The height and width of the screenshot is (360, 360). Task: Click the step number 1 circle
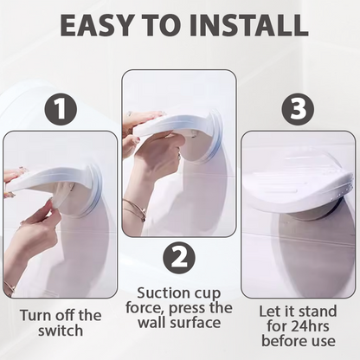pos(60,109)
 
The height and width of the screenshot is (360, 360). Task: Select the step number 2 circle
pos(179,258)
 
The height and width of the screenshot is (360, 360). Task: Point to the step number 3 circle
pos(298,109)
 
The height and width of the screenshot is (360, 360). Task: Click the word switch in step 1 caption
pos(61,331)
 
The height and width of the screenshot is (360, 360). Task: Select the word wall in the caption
pos(151,323)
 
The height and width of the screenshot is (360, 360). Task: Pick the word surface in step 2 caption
pos(196,324)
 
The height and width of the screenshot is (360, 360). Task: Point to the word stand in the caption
pos(318,312)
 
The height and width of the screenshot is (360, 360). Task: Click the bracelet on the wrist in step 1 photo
pos(10,288)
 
